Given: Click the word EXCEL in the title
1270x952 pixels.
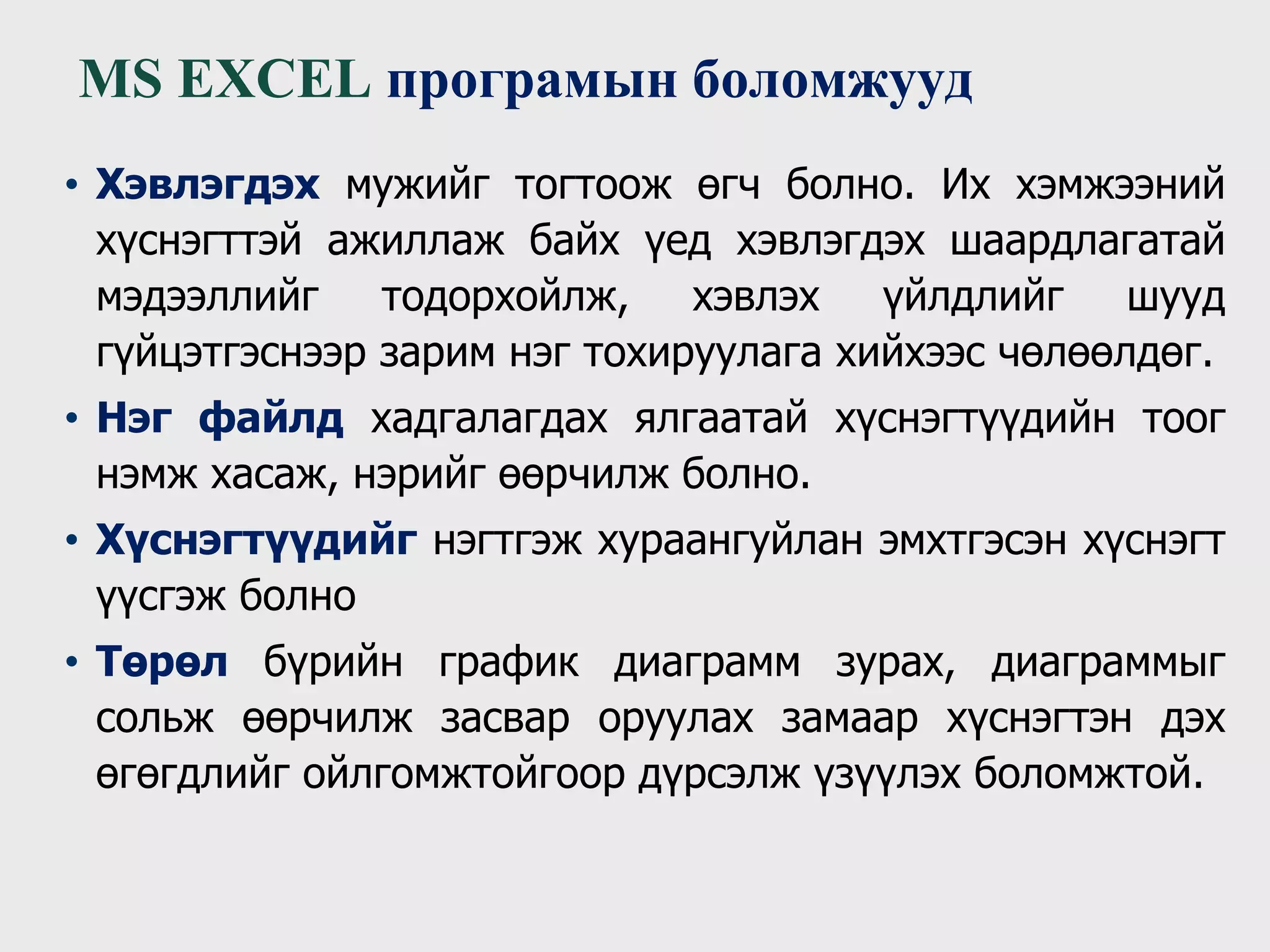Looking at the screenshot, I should click(x=274, y=80).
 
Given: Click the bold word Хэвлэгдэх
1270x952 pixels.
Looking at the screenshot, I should click(x=208, y=185).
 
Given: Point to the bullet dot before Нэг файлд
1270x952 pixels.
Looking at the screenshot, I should click(x=72, y=419).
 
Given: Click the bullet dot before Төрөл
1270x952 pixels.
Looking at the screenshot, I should click(x=72, y=663).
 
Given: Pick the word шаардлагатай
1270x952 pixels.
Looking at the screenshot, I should click(x=1087, y=240).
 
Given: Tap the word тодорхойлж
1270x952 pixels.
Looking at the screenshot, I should click(x=504, y=297).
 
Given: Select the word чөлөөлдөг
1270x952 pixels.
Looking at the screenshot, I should click(x=1104, y=353).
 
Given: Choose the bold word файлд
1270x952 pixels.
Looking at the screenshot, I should click(x=271, y=419).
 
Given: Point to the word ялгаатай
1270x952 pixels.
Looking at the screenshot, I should click(x=721, y=419).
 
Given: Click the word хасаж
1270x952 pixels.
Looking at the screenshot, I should click(x=275, y=475).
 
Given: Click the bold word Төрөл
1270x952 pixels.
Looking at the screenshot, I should click(x=162, y=663).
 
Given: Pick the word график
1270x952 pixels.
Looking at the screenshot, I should click(x=508, y=663).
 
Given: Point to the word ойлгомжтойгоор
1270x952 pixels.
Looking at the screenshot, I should click(x=463, y=774).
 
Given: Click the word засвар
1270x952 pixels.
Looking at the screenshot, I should click(x=505, y=719).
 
